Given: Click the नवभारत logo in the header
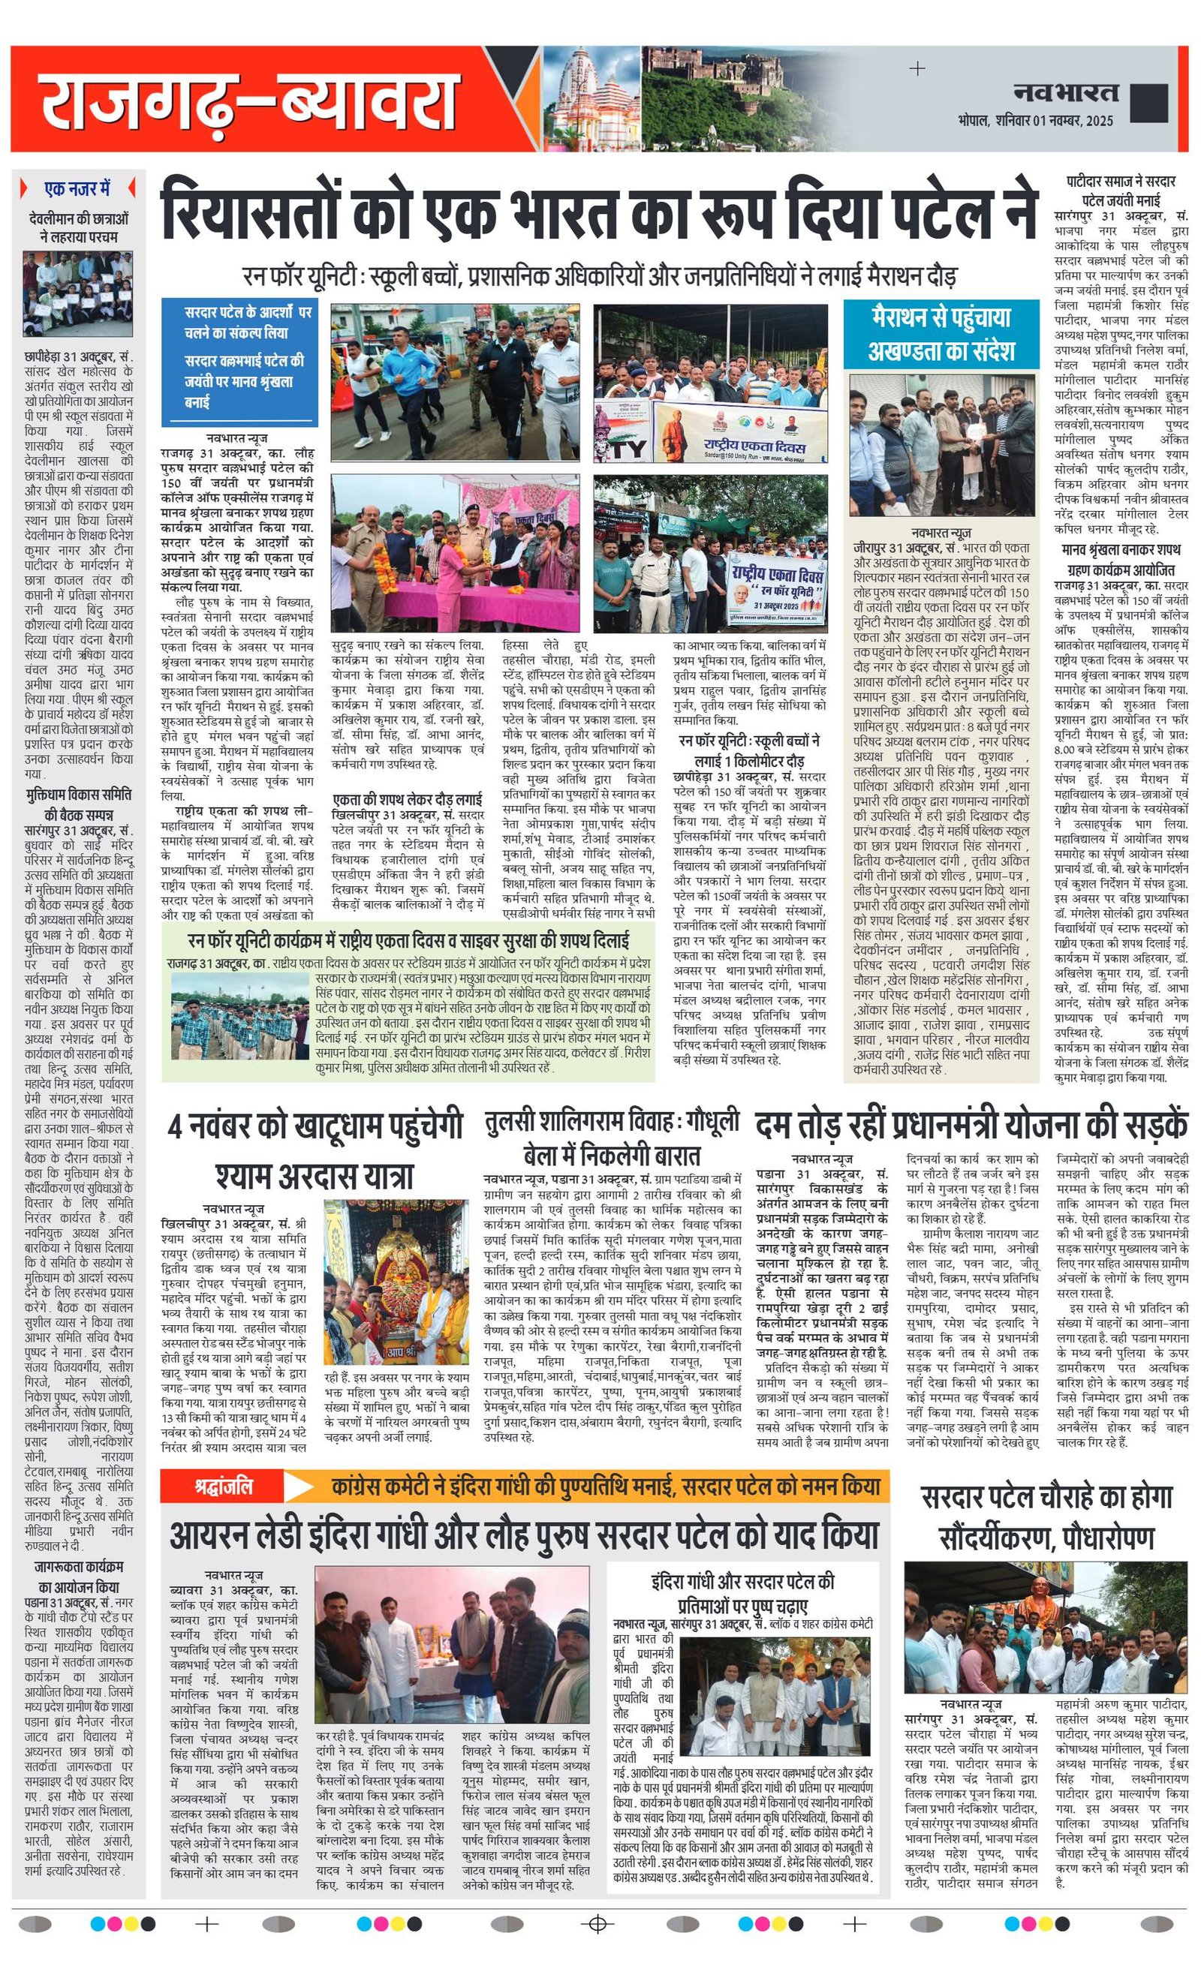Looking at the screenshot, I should pos(1065,92).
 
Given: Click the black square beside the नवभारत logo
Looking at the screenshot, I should pos(1148,102).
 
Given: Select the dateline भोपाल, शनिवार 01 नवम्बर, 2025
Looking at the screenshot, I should pos(1035,121).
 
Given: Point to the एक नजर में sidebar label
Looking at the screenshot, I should pos(77,189).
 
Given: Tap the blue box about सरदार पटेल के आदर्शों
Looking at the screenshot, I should pos(239,361).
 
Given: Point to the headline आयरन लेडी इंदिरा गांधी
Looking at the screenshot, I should pos(524,1535).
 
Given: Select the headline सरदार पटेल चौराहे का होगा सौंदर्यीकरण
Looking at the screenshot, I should pos(1046,1517).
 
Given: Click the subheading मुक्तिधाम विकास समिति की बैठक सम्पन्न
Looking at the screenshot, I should pos(78,805).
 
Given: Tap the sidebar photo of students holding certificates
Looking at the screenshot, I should pos(77,294).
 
